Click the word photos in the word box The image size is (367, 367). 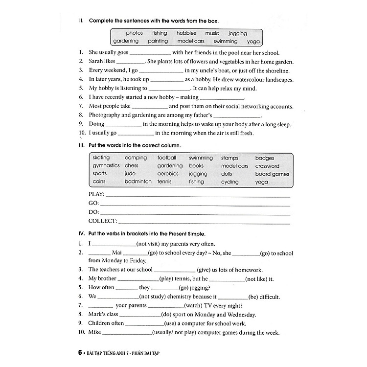[x=134, y=33]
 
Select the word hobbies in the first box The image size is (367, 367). [x=186, y=33]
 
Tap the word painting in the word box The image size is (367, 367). [x=158, y=42]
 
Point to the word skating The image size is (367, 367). [x=101, y=158]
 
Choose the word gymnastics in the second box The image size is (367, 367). [x=106, y=166]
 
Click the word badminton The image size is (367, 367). [x=138, y=182]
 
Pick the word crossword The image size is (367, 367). [x=267, y=166]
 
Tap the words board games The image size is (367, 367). [x=272, y=174]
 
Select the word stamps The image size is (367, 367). [x=229, y=158]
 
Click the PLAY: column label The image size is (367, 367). [x=97, y=195]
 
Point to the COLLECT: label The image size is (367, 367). [x=103, y=221]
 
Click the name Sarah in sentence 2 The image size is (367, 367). [x=96, y=62]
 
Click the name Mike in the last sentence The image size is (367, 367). [x=94, y=332]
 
